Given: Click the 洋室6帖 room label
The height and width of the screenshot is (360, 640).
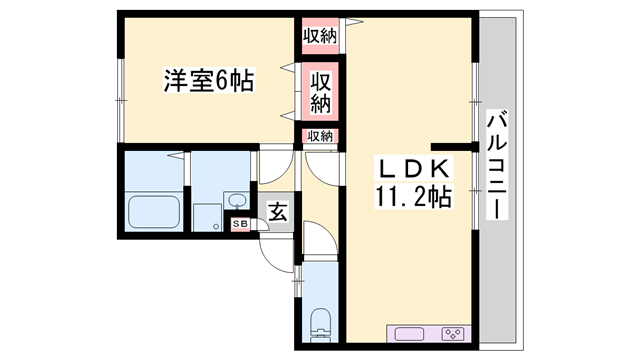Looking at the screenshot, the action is [209, 80].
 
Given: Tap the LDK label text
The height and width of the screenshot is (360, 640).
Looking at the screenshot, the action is [414, 168].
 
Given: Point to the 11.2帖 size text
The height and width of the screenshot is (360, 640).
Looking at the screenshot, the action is [413, 197].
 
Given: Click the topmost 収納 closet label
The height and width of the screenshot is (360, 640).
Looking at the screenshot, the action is [320, 36].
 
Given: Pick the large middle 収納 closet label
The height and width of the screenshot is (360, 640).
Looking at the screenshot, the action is [320, 93].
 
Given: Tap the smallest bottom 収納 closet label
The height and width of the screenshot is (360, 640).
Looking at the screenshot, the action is [320, 136].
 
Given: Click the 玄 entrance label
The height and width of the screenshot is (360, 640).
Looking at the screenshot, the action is [278, 212].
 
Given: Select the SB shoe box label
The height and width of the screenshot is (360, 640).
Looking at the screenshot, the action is [240, 224].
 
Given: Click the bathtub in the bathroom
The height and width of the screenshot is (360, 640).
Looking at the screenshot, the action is [154, 212].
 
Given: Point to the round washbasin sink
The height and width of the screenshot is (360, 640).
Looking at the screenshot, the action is [237, 200].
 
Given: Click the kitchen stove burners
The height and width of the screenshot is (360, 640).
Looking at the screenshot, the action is [453, 334].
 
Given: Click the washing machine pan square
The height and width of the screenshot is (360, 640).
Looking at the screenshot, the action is [207, 218].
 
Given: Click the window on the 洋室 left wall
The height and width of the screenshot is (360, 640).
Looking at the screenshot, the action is [120, 100].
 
